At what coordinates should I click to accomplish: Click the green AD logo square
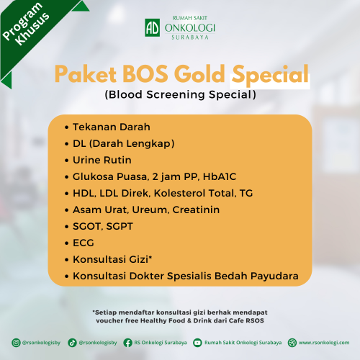(153, 27)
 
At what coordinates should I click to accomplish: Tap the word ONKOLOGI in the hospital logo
(190, 28)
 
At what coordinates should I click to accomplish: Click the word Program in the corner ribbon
(22, 21)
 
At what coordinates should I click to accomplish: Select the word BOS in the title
(145, 73)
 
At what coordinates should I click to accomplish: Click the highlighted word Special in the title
(270, 75)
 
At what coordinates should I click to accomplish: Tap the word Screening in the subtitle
(176, 94)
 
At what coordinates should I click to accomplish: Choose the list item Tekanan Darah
(112, 127)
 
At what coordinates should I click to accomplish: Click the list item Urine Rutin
(102, 160)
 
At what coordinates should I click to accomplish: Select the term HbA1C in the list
(220, 176)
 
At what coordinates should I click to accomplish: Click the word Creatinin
(196, 210)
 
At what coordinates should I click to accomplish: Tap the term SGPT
(120, 226)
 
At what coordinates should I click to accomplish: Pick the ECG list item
(84, 243)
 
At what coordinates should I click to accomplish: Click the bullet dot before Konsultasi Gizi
(67, 260)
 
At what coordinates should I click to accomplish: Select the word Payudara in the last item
(274, 276)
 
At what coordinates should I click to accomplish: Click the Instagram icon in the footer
(16, 343)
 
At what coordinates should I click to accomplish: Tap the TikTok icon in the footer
(72, 343)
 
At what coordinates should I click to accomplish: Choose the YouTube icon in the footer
(197, 343)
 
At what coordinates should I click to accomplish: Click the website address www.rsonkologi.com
(324, 343)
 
